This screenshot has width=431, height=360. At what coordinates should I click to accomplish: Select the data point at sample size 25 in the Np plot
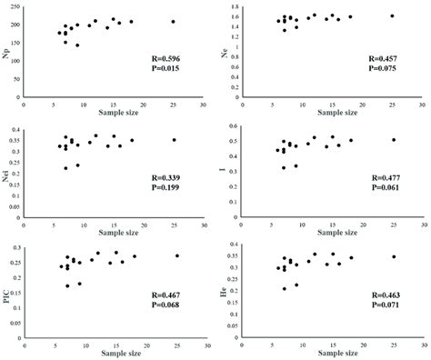[173, 22]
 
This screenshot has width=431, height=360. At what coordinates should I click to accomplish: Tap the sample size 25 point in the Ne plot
[392, 16]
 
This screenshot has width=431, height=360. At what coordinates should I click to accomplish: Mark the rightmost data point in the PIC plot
[176, 256]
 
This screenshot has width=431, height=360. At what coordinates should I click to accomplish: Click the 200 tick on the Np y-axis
[32, 22]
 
